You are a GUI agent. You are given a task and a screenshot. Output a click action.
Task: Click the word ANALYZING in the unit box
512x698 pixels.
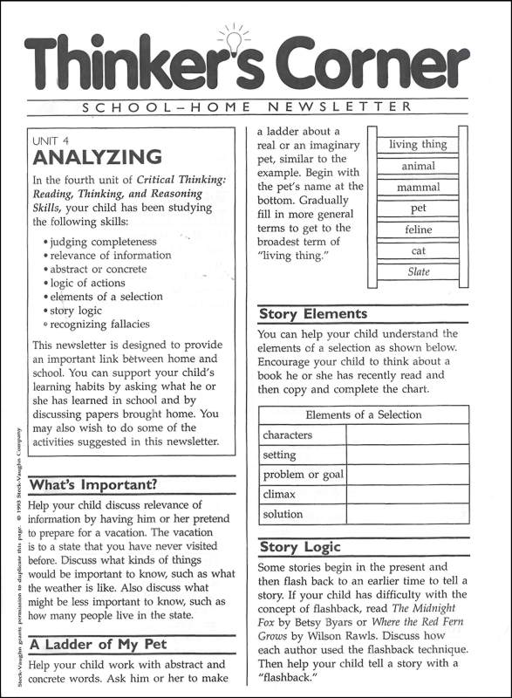coord(97,157)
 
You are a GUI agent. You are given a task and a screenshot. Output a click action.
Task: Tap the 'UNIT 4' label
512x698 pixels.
coord(51,140)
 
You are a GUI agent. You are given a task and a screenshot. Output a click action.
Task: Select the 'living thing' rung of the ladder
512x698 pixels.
coord(418,145)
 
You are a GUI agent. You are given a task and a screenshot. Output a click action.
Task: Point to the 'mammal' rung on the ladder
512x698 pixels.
coord(418,188)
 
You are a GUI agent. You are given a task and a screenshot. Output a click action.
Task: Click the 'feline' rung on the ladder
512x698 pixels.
coord(418,230)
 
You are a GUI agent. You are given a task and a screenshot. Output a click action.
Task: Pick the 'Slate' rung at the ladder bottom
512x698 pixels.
coord(418,272)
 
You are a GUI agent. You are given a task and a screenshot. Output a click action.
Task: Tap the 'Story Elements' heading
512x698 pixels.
coord(313,314)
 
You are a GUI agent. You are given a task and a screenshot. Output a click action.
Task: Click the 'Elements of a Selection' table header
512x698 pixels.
coord(363,414)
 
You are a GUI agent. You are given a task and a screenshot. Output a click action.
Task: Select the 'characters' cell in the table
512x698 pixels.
coord(288,435)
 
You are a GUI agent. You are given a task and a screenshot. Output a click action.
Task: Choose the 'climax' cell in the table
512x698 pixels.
coord(280,495)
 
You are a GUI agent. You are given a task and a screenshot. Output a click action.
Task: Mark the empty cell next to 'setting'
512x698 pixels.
coord(406,455)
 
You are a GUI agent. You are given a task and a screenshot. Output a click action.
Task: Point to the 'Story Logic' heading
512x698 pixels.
coord(300,548)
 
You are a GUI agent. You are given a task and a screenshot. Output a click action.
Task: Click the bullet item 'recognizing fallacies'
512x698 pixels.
coord(99,324)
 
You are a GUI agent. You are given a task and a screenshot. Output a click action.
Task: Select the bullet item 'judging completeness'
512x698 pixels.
coord(102,242)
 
